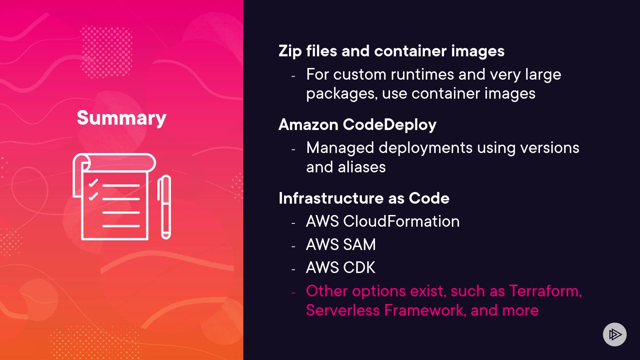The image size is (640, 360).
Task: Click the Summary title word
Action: tap(121, 118)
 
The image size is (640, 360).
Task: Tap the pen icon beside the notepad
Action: tap(164, 207)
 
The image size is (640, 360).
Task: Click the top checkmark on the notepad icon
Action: tap(93, 183)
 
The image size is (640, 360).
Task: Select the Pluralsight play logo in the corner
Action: tap(615, 334)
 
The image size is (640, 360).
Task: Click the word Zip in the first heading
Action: tap(290, 51)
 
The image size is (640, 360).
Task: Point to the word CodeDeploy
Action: tap(389, 125)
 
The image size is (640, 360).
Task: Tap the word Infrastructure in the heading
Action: tap(331, 198)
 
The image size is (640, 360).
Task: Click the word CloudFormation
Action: tap(401, 221)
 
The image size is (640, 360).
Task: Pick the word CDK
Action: tap(359, 268)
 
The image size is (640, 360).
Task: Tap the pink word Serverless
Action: tap(343, 310)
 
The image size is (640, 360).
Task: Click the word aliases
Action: tap(362, 167)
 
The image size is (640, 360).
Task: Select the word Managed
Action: tap(340, 148)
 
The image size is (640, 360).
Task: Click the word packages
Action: tap(342, 94)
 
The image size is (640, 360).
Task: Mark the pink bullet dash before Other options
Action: tap(293, 293)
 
